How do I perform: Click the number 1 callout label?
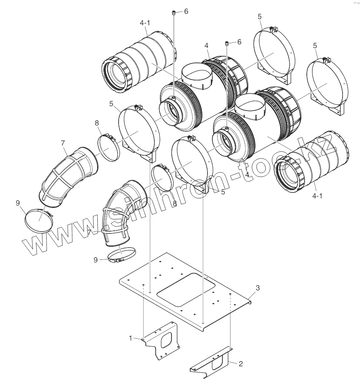tap(131, 338)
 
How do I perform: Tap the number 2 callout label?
tap(241, 364)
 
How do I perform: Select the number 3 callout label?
tap(258, 288)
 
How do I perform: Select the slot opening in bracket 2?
tap(216, 363)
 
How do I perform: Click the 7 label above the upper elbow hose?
tap(63, 143)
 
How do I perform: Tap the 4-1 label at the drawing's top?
tap(145, 23)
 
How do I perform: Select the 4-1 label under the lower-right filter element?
tap(317, 196)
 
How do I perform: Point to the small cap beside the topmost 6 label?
tap(174, 14)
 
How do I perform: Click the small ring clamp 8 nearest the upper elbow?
tap(108, 147)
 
